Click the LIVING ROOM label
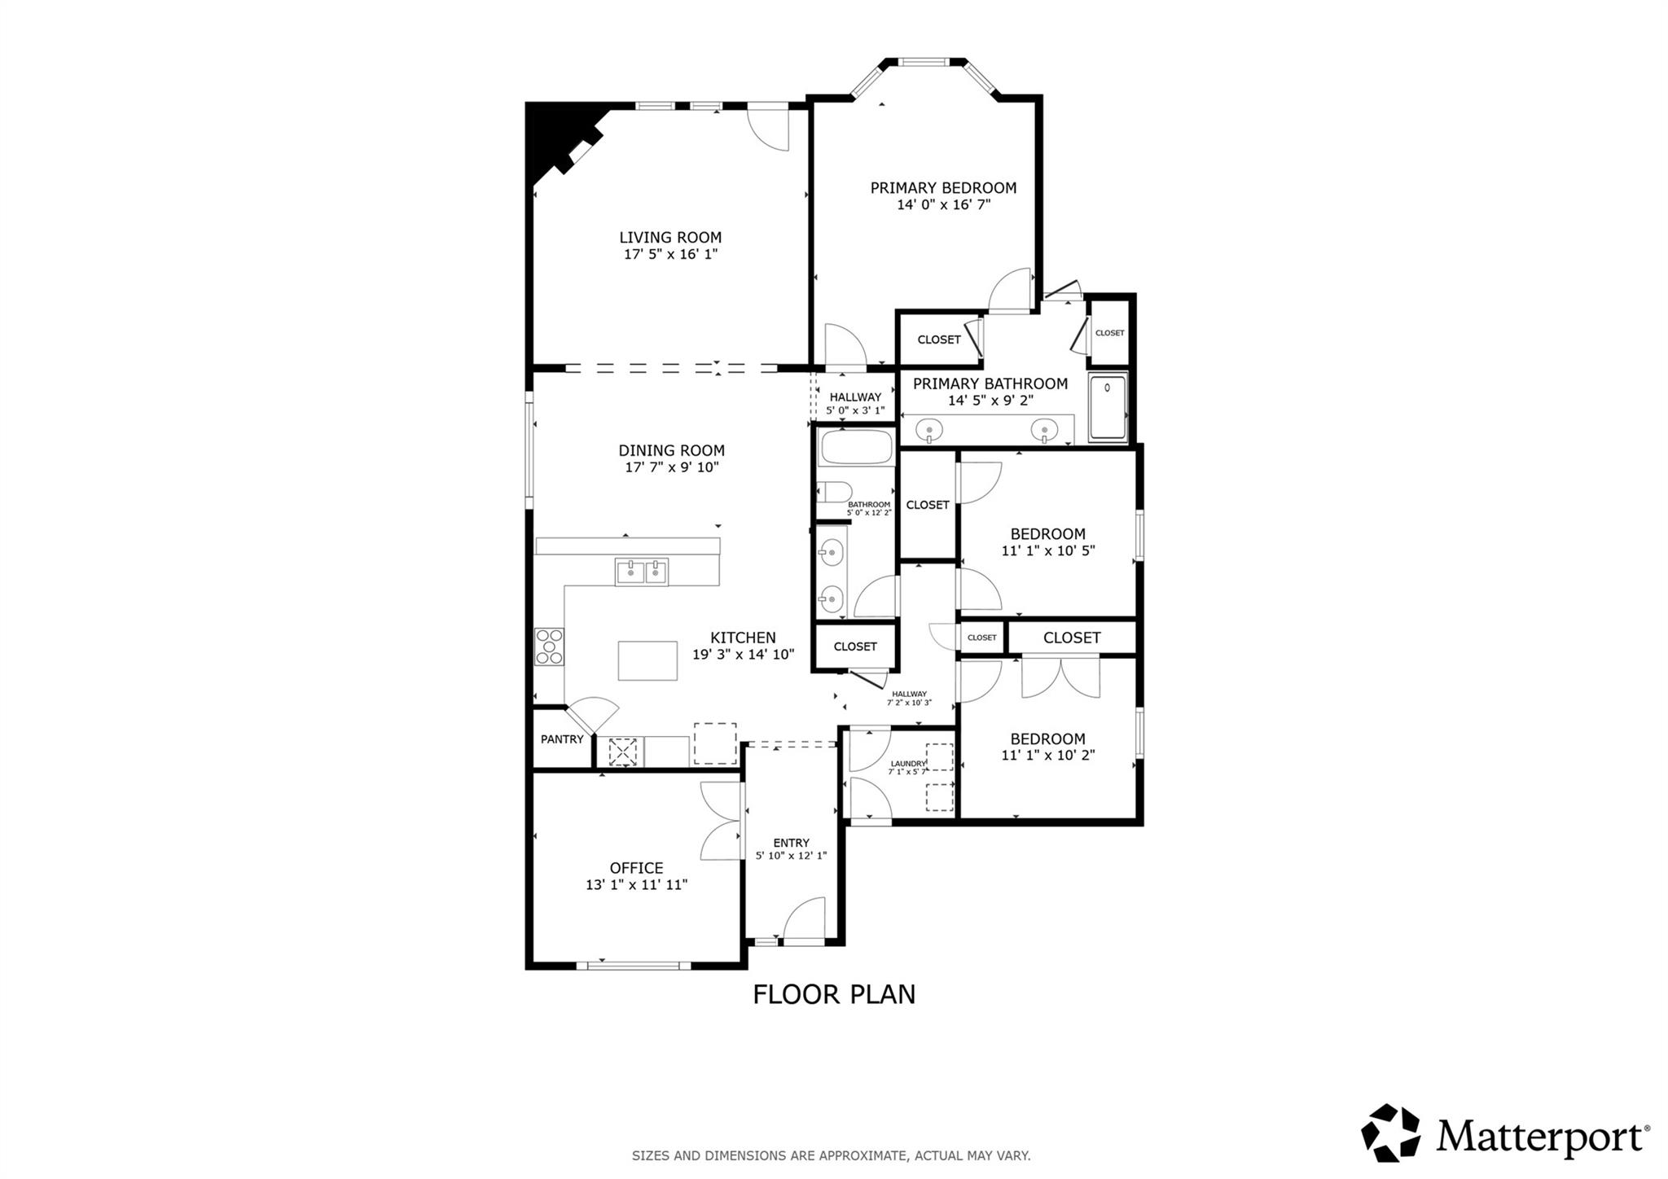pyautogui.click(x=670, y=238)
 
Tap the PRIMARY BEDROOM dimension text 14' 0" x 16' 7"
pyautogui.click(x=943, y=205)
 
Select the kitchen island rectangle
pyautogui.click(x=647, y=660)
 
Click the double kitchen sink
pyautogui.click(x=642, y=572)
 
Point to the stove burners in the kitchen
pyautogui.click(x=549, y=646)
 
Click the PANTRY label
pyautogui.click(x=562, y=739)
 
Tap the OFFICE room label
pyautogui.click(x=636, y=868)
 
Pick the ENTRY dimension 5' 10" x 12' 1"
pyautogui.click(x=791, y=856)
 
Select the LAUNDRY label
pyautogui.click(x=907, y=764)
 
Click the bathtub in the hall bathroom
pyautogui.click(x=855, y=448)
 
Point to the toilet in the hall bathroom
pyautogui.click(x=835, y=492)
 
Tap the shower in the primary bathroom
pyautogui.click(x=1108, y=406)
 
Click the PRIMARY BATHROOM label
pyautogui.click(x=990, y=384)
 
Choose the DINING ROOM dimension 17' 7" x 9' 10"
pyautogui.click(x=671, y=467)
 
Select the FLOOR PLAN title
pyautogui.click(x=833, y=994)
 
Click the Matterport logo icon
pyautogui.click(x=1390, y=1133)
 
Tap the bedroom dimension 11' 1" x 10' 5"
pyautogui.click(x=1047, y=550)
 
